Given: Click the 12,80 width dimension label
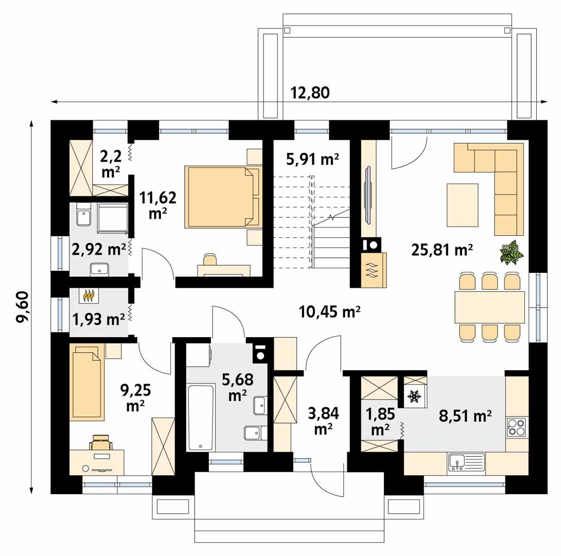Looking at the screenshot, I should (310, 93).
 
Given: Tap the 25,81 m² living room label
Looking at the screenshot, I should (442, 250).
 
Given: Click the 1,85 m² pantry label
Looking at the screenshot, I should (378, 421).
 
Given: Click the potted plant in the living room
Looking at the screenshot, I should (512, 252).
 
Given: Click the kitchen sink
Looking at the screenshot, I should (466, 462).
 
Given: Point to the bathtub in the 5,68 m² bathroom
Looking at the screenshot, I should (200, 418).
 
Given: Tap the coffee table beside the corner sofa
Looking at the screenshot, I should (462, 204).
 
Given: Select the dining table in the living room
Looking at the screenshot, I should (489, 307).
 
